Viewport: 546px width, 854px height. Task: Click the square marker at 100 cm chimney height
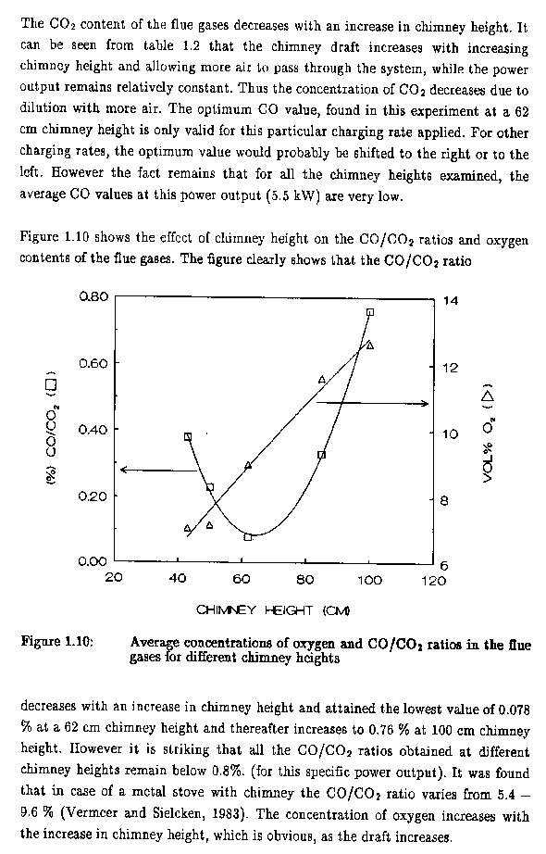point(370,312)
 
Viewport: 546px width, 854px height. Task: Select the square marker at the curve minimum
point(248,537)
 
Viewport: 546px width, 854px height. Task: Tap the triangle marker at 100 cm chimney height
point(370,345)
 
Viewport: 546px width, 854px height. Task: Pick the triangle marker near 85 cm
point(322,379)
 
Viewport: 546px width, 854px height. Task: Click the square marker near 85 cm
point(321,455)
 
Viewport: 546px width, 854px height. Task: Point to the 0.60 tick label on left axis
point(93,363)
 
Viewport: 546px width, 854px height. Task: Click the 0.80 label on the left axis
point(93,296)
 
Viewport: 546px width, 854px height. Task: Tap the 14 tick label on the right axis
point(451,301)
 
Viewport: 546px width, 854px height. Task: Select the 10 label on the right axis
point(451,434)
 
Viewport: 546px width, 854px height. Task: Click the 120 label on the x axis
point(434,581)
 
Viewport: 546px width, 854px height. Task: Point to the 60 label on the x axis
point(242,580)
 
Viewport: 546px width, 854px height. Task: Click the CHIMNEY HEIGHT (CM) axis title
point(273,610)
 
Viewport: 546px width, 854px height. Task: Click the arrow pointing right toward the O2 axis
point(372,403)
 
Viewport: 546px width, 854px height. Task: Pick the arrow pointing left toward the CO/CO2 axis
point(158,470)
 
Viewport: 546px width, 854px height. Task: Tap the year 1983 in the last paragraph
point(227,813)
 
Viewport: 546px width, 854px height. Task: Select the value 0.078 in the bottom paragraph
point(514,710)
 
